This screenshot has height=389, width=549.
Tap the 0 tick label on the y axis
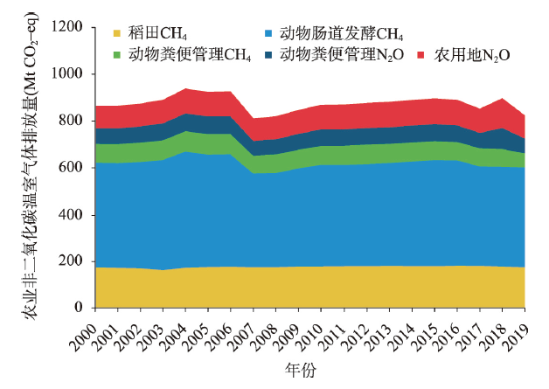click(79, 309)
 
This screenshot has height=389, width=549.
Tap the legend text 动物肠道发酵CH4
click(341, 36)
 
